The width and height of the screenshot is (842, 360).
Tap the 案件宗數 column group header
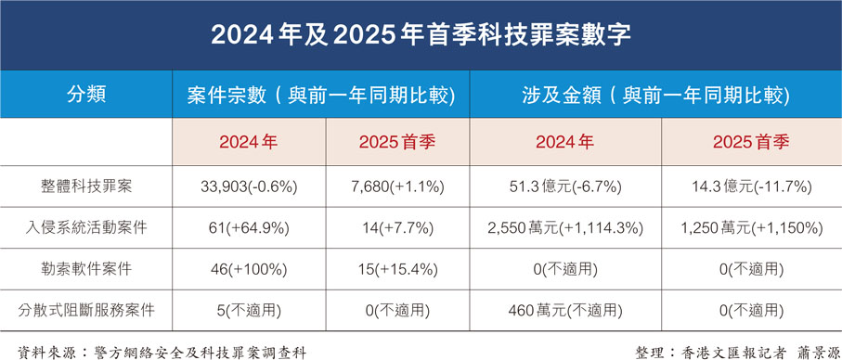pos(320,94)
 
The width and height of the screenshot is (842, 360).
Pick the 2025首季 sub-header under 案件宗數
pos(396,143)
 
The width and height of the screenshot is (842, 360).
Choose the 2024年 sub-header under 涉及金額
pos(564,143)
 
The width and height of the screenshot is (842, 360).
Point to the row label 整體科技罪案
pos(86,186)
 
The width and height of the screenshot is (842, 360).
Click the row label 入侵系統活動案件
pos(86,225)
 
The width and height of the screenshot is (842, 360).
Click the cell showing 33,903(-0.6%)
pos(248,186)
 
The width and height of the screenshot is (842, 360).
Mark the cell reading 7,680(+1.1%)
pos(396,186)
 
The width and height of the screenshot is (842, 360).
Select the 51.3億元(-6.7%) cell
pos(564,186)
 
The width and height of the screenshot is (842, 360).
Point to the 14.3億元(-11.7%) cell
pos(750,186)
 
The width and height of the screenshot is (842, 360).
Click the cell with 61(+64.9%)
pos(248,225)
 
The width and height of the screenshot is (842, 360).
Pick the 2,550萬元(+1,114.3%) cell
pos(564,225)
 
